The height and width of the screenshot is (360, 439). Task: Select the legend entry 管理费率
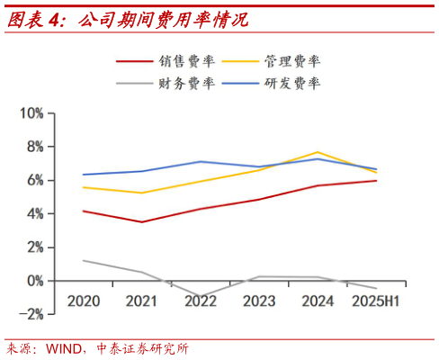point(291,61)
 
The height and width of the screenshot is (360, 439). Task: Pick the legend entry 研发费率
point(291,83)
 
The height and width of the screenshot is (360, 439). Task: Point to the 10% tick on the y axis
point(31,113)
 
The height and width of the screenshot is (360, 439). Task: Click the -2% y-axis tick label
point(31,314)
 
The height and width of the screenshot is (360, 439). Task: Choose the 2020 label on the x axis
point(83,301)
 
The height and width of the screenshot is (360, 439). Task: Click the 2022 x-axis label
point(201,301)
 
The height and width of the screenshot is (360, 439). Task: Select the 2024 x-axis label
point(318,301)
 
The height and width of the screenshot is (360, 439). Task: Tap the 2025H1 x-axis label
point(376,301)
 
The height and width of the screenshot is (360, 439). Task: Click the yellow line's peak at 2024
point(318,152)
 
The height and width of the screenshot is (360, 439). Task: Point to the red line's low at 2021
point(141,222)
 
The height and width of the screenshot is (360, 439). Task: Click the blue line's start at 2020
point(83,175)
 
